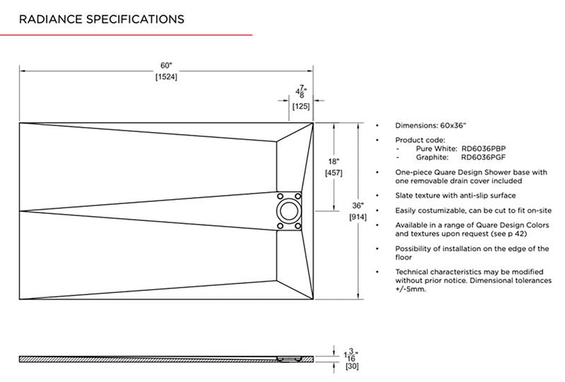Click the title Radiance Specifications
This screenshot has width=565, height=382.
[x=102, y=19]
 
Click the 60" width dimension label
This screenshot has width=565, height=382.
[x=167, y=66]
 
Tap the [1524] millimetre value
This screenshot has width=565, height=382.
[x=167, y=77]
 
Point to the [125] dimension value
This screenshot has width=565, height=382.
[x=301, y=107]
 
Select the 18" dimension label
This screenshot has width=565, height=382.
[x=333, y=162]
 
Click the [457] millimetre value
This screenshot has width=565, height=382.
[x=333, y=172]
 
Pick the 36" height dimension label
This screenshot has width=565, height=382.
[x=358, y=205]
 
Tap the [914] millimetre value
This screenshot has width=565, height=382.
[x=358, y=217]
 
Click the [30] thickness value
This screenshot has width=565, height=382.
[x=352, y=366]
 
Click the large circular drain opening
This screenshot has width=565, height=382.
[x=289, y=211]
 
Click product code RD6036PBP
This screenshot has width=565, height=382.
[x=483, y=148]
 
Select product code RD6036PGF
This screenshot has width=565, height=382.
[x=483, y=157]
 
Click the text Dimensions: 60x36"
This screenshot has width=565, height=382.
[x=431, y=126]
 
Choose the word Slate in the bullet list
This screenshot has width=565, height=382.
[x=403, y=196]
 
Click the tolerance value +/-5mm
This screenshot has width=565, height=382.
[x=410, y=289]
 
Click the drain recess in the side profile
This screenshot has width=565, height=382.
[x=289, y=359]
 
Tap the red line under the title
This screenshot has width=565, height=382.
[x=126, y=35]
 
